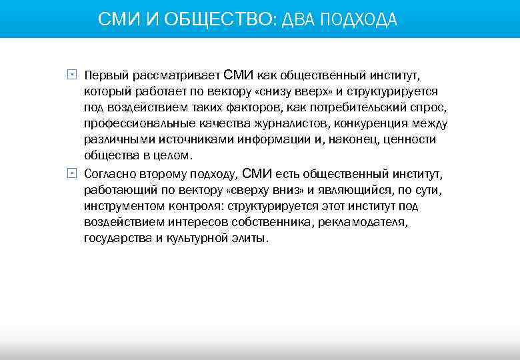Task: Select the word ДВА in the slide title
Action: click(299, 20)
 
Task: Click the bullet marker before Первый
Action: click(71, 75)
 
